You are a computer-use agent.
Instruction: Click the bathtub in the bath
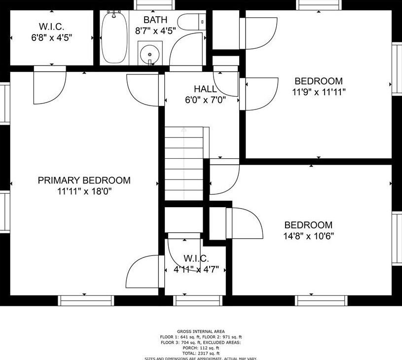(x=114, y=38)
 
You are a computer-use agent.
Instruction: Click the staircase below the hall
(x=183, y=163)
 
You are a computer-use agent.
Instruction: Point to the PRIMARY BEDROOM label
(x=84, y=180)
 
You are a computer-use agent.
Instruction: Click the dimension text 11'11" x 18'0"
(x=84, y=191)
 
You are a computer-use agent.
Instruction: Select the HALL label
(x=205, y=89)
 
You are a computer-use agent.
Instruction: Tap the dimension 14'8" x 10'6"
(x=308, y=236)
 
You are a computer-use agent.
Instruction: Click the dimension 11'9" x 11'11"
(x=319, y=92)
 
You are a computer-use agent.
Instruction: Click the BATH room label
(x=155, y=20)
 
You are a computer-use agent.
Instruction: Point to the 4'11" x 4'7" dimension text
(x=196, y=269)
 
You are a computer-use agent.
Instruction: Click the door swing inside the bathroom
(x=190, y=49)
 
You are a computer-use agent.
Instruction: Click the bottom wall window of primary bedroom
(x=86, y=300)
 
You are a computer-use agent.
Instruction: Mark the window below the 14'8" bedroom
(x=321, y=300)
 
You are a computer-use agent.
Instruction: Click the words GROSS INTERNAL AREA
(x=201, y=331)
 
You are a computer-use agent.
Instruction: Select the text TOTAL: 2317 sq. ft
(x=201, y=354)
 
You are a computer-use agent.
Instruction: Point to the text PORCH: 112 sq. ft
(x=201, y=348)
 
